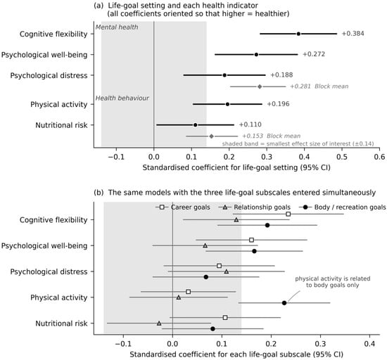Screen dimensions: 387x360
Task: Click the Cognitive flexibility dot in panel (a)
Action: pos(298,34)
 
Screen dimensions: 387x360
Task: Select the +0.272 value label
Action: pos(314,54)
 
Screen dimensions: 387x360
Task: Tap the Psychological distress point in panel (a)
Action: pos(224,75)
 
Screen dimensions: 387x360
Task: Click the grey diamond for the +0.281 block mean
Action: pos(260,86)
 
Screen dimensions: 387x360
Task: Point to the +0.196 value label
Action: pos(278,104)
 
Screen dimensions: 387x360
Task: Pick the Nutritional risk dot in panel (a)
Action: pos(195,125)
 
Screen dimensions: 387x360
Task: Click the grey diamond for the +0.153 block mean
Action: pos(211,136)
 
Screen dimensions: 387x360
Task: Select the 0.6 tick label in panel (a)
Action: pos(379,157)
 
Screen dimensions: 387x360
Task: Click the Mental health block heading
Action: pos(117,27)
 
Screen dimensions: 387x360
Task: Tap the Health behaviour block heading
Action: pos(122,98)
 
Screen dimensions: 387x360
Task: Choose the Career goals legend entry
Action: pos(183,207)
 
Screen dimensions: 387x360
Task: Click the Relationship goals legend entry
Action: pos(255,207)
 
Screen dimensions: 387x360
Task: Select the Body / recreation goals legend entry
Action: pos(343,207)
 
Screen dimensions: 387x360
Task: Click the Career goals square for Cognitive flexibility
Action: pos(288,214)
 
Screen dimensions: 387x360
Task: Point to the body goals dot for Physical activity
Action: pos(284,303)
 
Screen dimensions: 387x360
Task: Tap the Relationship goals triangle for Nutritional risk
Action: pos(159,323)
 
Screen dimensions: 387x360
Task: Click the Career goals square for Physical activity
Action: pos(188,292)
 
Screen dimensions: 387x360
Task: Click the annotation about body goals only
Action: pos(333,282)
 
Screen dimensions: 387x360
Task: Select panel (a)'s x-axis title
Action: pos(236,167)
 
